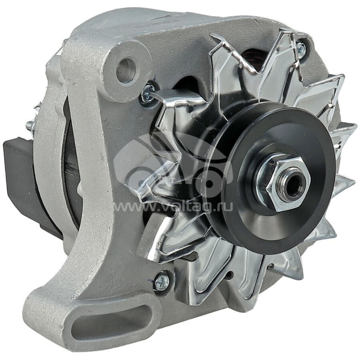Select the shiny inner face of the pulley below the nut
pyautogui.click(x=261, y=225)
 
